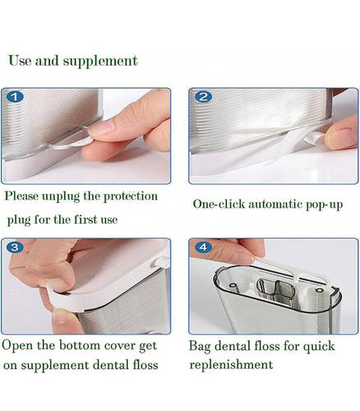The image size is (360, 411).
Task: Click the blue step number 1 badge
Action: [x=15, y=97]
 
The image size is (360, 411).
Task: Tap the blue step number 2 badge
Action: [x=203, y=97]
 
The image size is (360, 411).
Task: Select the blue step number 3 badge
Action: [x=15, y=247]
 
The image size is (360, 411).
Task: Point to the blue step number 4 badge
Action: [x=203, y=247]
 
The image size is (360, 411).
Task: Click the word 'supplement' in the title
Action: [x=100, y=62]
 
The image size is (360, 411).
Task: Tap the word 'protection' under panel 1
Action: [x=130, y=196]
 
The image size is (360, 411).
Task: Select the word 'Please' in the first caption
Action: [x=21, y=196]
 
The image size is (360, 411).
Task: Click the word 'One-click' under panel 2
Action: [x=219, y=204]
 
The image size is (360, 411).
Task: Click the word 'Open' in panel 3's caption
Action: [x=17, y=346]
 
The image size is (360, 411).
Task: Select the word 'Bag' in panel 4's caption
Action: [x=200, y=346]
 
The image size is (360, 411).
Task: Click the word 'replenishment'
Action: [x=231, y=365]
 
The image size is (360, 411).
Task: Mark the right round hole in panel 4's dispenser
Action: [x=319, y=290]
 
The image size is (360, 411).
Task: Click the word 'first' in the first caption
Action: [x=85, y=219]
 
